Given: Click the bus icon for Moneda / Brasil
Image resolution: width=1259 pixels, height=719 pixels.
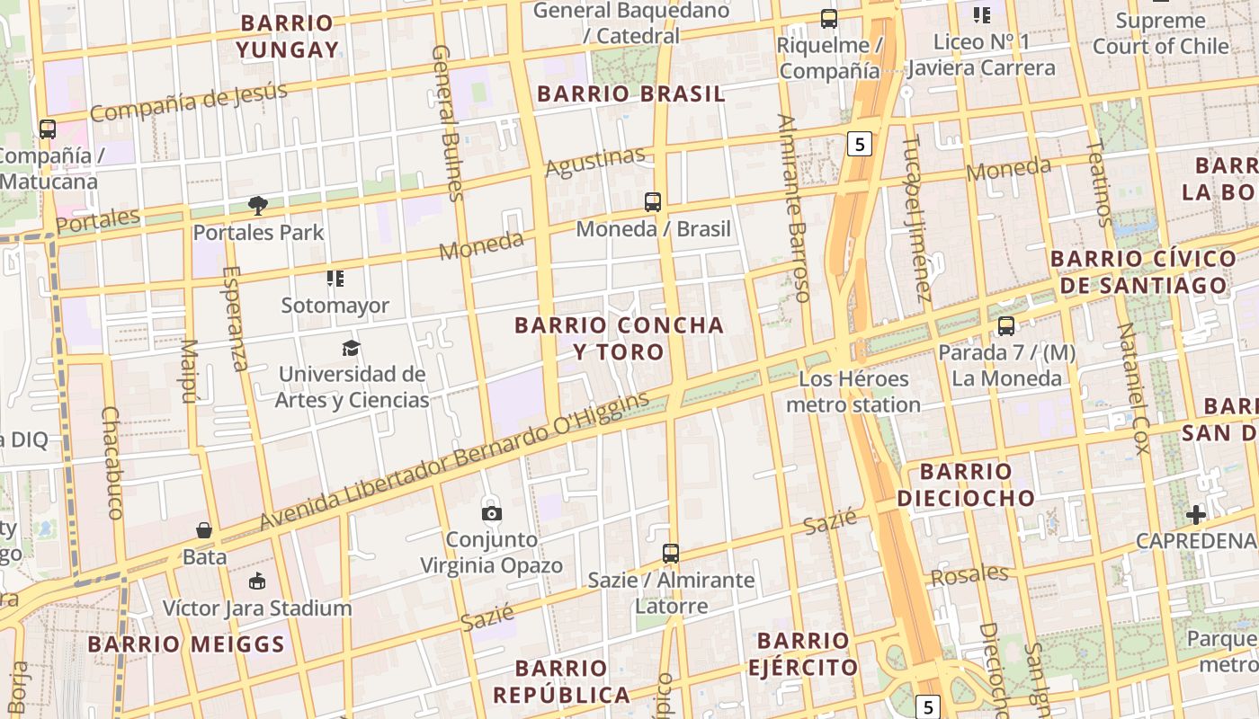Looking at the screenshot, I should (x=653, y=202).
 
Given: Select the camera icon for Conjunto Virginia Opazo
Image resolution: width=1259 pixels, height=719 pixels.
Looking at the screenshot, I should (x=491, y=513).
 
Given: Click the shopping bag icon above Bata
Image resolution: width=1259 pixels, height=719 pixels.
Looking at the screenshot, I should (x=204, y=530).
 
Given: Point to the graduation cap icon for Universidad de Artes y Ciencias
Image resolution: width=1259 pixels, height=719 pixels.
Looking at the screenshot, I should (x=351, y=348).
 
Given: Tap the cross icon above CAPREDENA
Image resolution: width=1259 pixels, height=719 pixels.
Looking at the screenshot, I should (x=1195, y=515).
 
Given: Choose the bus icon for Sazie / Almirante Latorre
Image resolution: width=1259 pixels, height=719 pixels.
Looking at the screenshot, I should (x=670, y=554).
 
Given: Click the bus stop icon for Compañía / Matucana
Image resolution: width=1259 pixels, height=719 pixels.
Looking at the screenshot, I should (x=48, y=129).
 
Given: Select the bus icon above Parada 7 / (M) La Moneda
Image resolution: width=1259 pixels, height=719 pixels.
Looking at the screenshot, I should (x=1005, y=326).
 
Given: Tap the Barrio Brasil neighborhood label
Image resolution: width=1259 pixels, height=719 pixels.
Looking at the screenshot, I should (x=630, y=93).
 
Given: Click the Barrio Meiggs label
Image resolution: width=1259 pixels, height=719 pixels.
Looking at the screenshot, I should (x=186, y=644).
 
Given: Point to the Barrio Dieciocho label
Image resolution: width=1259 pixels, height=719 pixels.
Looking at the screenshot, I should (x=966, y=484).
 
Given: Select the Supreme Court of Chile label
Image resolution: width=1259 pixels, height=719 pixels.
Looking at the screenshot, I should (x=1160, y=33).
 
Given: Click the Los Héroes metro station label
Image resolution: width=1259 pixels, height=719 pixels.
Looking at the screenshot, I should (x=853, y=392).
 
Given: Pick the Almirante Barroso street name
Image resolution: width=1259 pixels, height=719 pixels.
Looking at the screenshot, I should (x=793, y=208).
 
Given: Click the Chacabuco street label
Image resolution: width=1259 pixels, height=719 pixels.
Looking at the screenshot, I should (x=112, y=462).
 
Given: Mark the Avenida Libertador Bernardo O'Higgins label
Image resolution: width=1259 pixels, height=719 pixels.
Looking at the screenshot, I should (x=454, y=460).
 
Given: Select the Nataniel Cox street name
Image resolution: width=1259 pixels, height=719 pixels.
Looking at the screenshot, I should (x=1133, y=388).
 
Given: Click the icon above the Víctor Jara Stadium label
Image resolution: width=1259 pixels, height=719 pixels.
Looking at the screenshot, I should (x=257, y=581).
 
